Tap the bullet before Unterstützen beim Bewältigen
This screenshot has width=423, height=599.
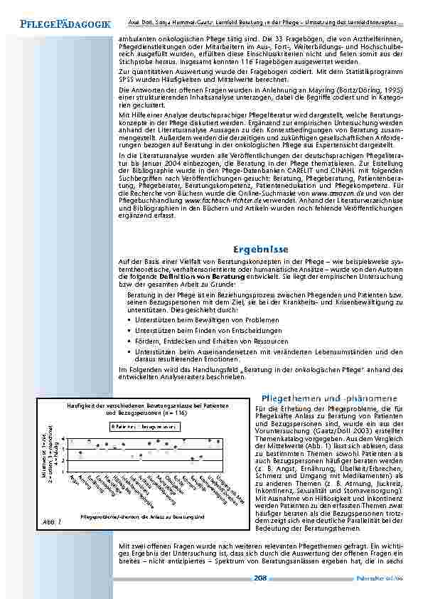point(129,320)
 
